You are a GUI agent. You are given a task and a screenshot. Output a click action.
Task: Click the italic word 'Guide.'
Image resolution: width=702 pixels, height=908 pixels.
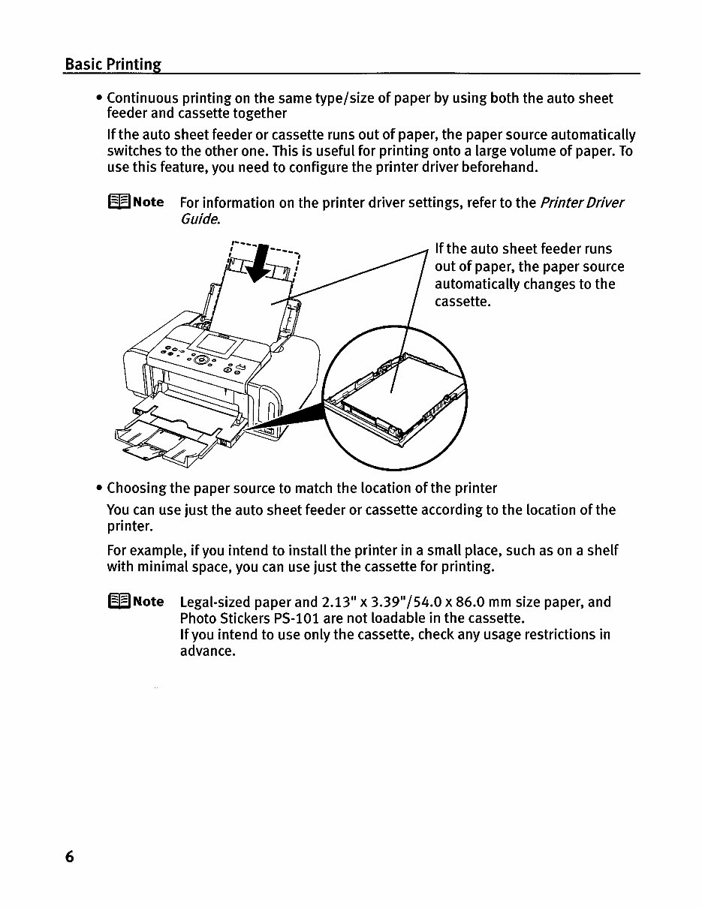(200, 219)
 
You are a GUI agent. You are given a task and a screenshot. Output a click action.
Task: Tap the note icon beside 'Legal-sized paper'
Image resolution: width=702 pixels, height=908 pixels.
(119, 602)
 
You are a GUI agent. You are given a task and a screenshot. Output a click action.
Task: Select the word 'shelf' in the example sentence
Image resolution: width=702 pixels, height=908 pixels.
(601, 551)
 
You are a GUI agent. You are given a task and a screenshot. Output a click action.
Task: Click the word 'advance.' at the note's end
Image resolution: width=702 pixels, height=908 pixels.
(208, 651)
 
